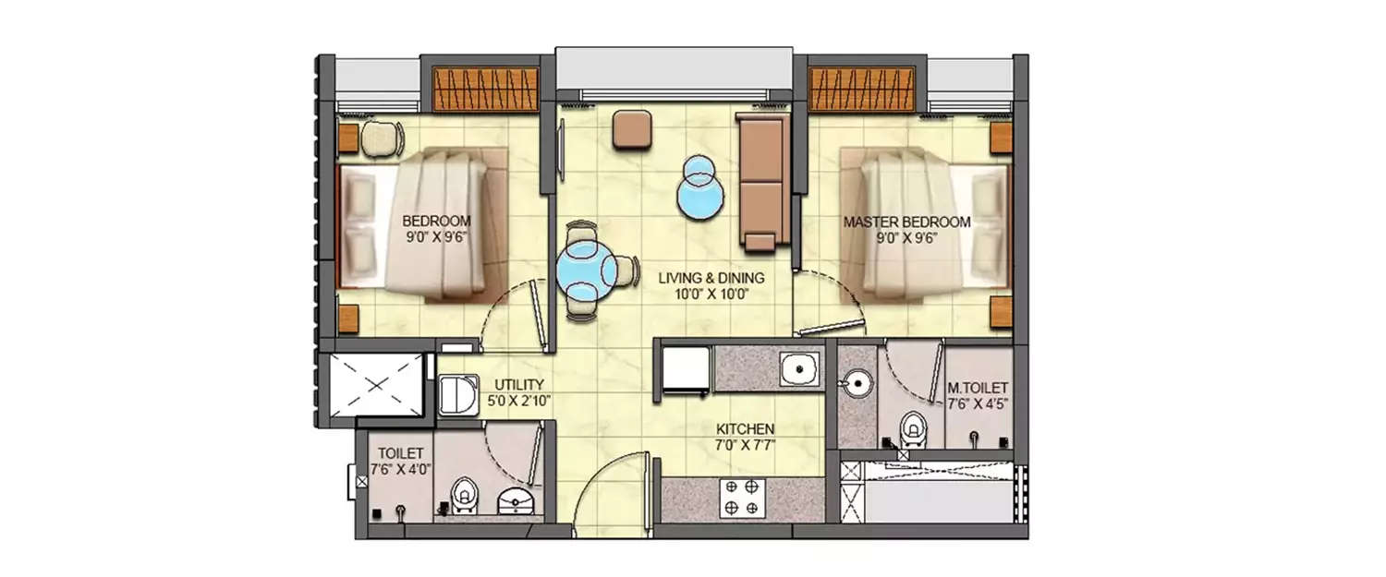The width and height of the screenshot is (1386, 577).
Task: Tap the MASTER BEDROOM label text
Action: coord(906,222)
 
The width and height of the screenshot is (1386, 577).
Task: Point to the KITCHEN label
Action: coord(746,429)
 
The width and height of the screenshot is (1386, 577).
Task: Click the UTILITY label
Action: coord(518,385)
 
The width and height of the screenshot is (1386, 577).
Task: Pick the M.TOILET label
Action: coord(978,391)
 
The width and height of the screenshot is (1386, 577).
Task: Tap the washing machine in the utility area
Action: coord(456,395)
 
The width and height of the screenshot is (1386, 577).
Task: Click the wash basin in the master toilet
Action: coord(856,379)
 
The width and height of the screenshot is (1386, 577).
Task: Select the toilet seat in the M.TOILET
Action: coord(914,427)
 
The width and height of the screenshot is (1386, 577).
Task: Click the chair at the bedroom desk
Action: coord(382,138)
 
